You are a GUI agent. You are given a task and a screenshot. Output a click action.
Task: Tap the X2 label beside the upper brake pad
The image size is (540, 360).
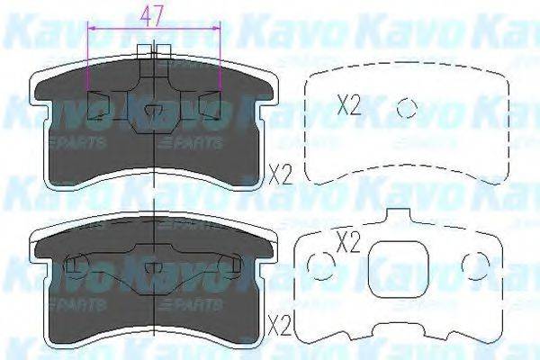point(279,172)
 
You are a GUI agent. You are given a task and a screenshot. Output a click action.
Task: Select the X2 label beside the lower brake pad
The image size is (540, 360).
point(280,320)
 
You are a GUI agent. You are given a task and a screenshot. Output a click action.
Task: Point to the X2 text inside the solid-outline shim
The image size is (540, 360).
point(346,241)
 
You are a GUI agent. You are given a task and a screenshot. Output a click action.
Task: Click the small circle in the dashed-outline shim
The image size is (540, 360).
point(408,107)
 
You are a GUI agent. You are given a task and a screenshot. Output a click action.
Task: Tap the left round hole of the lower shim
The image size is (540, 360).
point(316,264)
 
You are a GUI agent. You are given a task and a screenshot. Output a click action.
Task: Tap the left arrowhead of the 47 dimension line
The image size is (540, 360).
point(90,29)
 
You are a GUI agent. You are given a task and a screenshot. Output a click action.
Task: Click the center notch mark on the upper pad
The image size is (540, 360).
point(154,112)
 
